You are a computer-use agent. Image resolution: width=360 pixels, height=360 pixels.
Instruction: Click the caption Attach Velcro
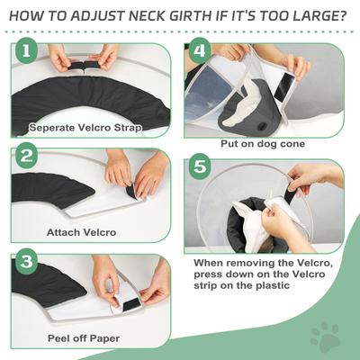tap(82, 232)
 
